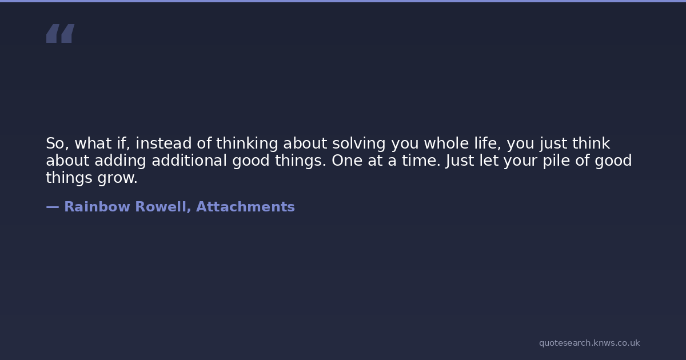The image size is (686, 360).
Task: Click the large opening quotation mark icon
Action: [x=61, y=33]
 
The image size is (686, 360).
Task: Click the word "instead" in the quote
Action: [x=163, y=143]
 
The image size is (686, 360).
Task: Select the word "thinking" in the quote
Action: [x=247, y=144]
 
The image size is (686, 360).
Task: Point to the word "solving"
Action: [x=359, y=144]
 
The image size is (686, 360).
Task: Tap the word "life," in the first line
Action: [x=488, y=143]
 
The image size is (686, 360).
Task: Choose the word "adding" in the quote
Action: [x=120, y=161]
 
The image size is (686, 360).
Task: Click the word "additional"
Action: [x=189, y=161]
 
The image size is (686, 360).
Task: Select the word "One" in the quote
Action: [x=347, y=161]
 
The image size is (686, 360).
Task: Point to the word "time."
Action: [x=421, y=161]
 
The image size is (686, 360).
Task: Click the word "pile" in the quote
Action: [x=556, y=161]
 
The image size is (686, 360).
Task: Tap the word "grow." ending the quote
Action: [x=118, y=178]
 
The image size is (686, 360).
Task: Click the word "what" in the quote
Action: [x=93, y=143]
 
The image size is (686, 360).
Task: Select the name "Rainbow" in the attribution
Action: [x=97, y=207]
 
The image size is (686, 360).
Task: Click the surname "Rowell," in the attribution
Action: [x=163, y=207]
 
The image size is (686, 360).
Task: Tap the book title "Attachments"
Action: [x=245, y=207]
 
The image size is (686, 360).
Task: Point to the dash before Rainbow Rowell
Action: [x=53, y=207]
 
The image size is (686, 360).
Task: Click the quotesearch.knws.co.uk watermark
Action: [x=589, y=343]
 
